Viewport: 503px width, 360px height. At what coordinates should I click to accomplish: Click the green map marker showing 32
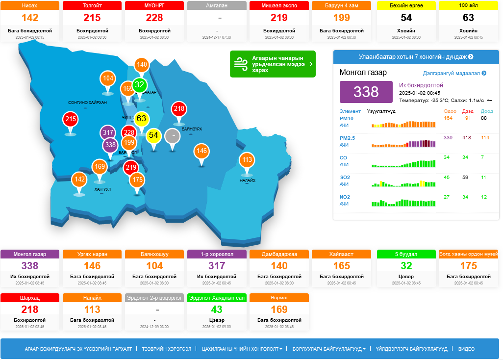point(140,85)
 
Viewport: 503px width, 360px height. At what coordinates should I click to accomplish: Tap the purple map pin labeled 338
point(110,145)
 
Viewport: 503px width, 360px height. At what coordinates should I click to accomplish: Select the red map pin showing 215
point(71,119)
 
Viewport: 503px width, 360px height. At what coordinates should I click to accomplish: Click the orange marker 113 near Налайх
point(247,160)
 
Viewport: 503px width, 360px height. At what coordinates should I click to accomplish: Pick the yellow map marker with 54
point(153,135)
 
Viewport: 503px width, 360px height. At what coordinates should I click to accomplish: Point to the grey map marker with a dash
point(172,136)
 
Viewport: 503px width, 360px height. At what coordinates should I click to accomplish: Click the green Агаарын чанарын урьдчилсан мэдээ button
point(273,64)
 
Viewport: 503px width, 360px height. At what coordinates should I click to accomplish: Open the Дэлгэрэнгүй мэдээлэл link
point(454,73)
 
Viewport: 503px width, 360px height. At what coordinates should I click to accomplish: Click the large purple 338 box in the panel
point(366,92)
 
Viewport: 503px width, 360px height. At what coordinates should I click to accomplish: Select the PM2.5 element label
point(347,138)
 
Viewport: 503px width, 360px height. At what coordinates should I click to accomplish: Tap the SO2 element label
point(345,177)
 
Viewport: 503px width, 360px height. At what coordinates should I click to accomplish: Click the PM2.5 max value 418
point(467,138)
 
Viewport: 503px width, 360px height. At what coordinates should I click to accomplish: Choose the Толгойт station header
point(92,6)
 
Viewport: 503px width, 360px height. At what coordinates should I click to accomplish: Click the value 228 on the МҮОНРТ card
point(154,18)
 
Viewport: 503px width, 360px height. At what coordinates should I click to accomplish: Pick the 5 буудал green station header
point(406,254)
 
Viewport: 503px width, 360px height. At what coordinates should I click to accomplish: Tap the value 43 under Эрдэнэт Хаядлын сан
point(217,309)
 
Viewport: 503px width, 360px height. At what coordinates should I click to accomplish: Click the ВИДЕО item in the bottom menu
point(466,349)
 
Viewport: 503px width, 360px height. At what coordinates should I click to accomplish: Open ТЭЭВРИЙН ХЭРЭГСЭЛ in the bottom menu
point(167,349)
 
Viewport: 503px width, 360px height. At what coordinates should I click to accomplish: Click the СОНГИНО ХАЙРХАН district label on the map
point(87,103)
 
